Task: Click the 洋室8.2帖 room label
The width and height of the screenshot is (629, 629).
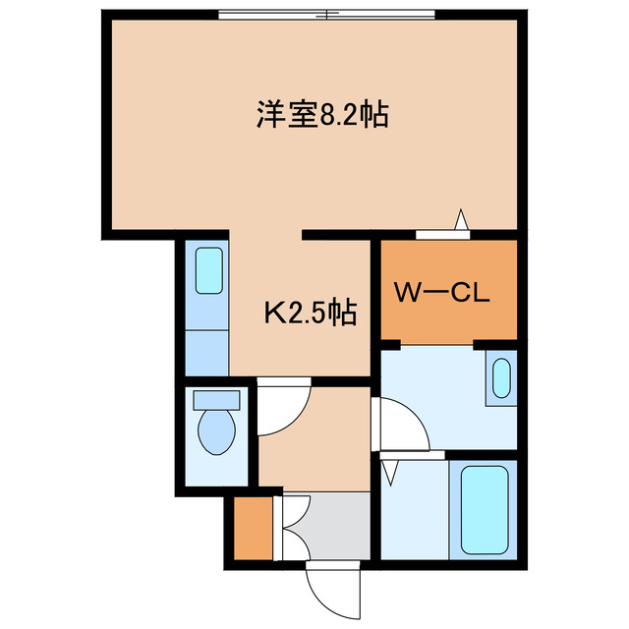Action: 321,116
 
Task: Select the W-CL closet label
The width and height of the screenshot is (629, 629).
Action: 441,292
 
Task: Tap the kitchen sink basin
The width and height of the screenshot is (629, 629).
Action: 209,269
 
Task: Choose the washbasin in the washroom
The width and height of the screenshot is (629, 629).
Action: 500,380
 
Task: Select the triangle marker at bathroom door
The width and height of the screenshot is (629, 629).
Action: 390,471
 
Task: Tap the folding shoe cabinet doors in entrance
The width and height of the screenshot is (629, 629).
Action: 291,526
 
